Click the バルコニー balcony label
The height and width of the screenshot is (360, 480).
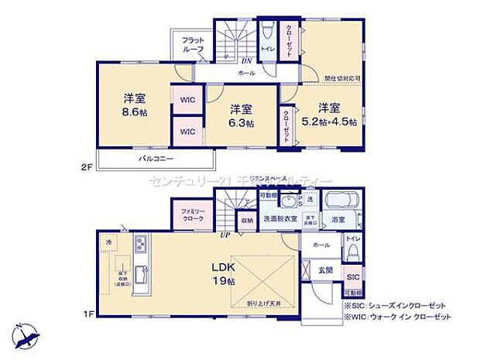[156, 159]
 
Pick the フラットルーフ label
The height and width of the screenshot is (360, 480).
[193, 45]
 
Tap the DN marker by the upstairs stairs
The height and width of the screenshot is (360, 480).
[245, 60]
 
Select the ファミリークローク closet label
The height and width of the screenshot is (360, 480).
[193, 215]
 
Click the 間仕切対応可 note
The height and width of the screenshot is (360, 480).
[341, 79]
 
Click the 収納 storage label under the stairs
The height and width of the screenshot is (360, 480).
[246, 220]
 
